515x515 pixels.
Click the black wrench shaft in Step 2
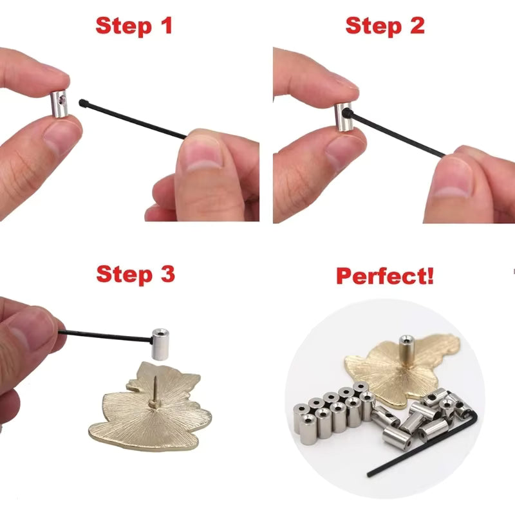pyautogui.click(x=399, y=135)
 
